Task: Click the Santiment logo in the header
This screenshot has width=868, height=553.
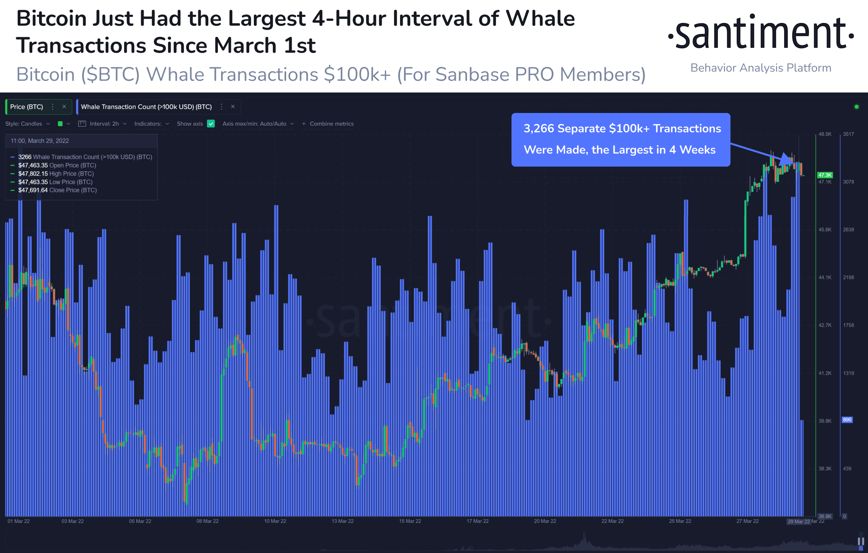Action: point(760,33)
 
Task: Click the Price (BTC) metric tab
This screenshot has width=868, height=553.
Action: point(27,107)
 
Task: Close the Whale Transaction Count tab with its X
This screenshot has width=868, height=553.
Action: point(233,107)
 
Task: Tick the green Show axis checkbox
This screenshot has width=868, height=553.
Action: point(211,124)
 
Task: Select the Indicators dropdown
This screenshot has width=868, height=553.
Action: point(151,124)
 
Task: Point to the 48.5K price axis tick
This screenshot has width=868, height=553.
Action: point(825,134)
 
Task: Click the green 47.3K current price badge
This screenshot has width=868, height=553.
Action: point(825,175)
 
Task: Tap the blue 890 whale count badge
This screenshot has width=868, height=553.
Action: point(847,420)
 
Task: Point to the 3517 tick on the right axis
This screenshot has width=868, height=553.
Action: point(849,134)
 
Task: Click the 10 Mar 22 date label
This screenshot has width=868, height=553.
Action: point(275,521)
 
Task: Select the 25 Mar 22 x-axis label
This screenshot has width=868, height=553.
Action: point(680,521)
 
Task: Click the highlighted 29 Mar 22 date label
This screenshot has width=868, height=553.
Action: point(798,522)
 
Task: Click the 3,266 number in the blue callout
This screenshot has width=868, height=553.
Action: point(539,129)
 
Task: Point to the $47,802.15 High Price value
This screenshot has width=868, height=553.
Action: point(33,174)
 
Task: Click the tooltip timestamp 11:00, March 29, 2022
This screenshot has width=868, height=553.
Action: point(40,141)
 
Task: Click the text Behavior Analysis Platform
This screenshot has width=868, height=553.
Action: point(761,68)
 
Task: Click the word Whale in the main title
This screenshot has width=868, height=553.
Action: point(540,19)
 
